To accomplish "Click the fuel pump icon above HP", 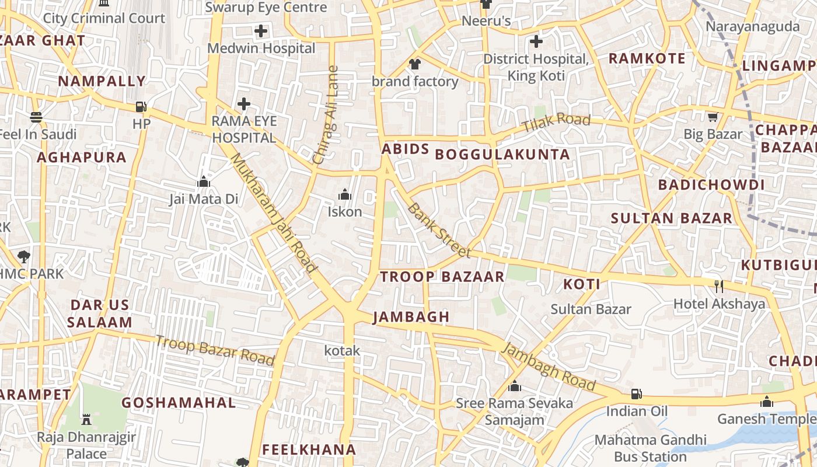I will coord(141,107).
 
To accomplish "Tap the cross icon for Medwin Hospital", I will coord(261,31).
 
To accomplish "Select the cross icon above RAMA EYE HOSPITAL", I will coord(244,104).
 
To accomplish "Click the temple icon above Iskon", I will coord(345,194).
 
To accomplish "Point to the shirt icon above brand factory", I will coord(415,64).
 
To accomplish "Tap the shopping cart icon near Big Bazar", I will coord(713,117).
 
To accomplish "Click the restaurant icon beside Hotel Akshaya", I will coord(719,286).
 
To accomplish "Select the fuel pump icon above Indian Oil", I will coord(637,394).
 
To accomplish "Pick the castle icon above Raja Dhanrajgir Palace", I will coord(86,419).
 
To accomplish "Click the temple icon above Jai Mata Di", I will coord(204,182).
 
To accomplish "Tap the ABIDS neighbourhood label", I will coord(406,149).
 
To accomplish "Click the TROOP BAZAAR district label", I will coord(442,277).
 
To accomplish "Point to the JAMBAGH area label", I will coord(411,317).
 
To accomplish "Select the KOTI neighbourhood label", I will coord(582,284).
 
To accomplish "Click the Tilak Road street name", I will coord(556,123).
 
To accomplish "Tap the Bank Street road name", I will coord(439,230).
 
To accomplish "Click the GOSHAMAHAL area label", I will coord(179,403).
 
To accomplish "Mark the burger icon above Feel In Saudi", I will coord(36,117).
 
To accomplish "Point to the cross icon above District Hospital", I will coord(536,41).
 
